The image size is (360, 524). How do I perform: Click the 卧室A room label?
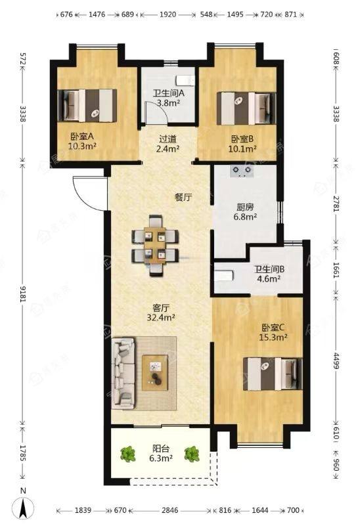point(82,141)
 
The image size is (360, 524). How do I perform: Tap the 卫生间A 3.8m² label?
point(168,98)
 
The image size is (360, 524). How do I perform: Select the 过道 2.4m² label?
point(168,143)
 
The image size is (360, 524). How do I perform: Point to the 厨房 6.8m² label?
point(245,212)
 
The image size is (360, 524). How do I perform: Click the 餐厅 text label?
point(183,197)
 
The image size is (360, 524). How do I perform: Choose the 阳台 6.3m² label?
point(161,453)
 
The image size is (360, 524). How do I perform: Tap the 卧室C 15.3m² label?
point(273,332)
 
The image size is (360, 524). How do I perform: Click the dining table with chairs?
point(155,246)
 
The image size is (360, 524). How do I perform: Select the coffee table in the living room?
point(155,372)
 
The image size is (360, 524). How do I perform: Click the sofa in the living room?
point(123,373)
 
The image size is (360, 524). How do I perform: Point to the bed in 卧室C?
point(273,374)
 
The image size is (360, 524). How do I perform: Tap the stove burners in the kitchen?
point(242,171)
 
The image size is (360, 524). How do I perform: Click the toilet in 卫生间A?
point(185,80)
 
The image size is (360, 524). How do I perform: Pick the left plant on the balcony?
point(127,454)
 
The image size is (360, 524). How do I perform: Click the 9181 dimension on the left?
point(23,295)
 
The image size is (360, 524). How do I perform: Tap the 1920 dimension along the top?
point(168,14)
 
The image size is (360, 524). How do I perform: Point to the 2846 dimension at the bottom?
point(169,510)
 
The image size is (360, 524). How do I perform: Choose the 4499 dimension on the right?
point(336,360)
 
